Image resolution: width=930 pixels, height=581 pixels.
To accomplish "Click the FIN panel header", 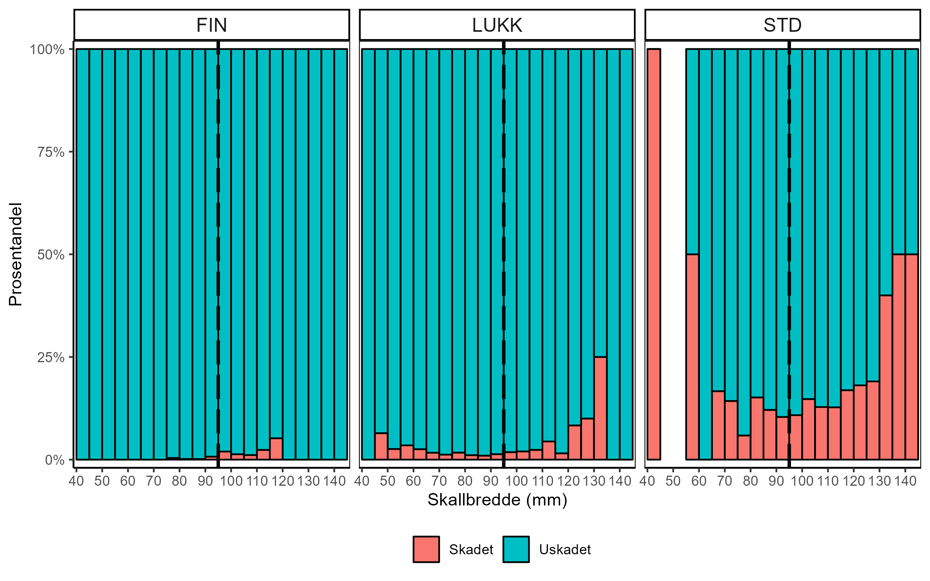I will (212, 25).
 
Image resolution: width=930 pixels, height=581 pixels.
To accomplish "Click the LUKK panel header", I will (497, 25).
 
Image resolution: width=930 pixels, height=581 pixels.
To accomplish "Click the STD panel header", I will (782, 25).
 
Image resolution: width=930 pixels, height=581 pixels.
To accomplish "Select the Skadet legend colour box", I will (426, 549).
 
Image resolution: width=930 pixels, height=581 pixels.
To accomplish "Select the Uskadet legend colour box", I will (516, 549).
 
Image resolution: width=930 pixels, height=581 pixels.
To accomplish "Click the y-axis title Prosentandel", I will (15, 254).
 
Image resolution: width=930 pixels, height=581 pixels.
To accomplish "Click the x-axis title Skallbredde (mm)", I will (497, 500).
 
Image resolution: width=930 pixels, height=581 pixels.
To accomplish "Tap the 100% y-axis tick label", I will (47, 50).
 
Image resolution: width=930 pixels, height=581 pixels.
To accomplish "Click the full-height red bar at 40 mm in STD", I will (654, 254).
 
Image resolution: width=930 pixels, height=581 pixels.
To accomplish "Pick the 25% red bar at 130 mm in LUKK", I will (600, 408).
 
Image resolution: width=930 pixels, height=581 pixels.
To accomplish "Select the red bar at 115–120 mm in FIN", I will (276, 449).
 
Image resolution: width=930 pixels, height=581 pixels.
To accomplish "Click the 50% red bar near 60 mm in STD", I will (692, 356).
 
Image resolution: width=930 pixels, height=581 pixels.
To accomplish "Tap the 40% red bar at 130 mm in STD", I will (886, 377).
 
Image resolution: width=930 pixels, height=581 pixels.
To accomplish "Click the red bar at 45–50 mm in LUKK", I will (381, 446).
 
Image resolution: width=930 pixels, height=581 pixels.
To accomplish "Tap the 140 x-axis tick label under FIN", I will (334, 481).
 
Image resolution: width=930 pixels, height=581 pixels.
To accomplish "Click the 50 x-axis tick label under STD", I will (673, 481).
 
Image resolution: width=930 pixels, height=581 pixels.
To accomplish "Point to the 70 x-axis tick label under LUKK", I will (439, 481).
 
